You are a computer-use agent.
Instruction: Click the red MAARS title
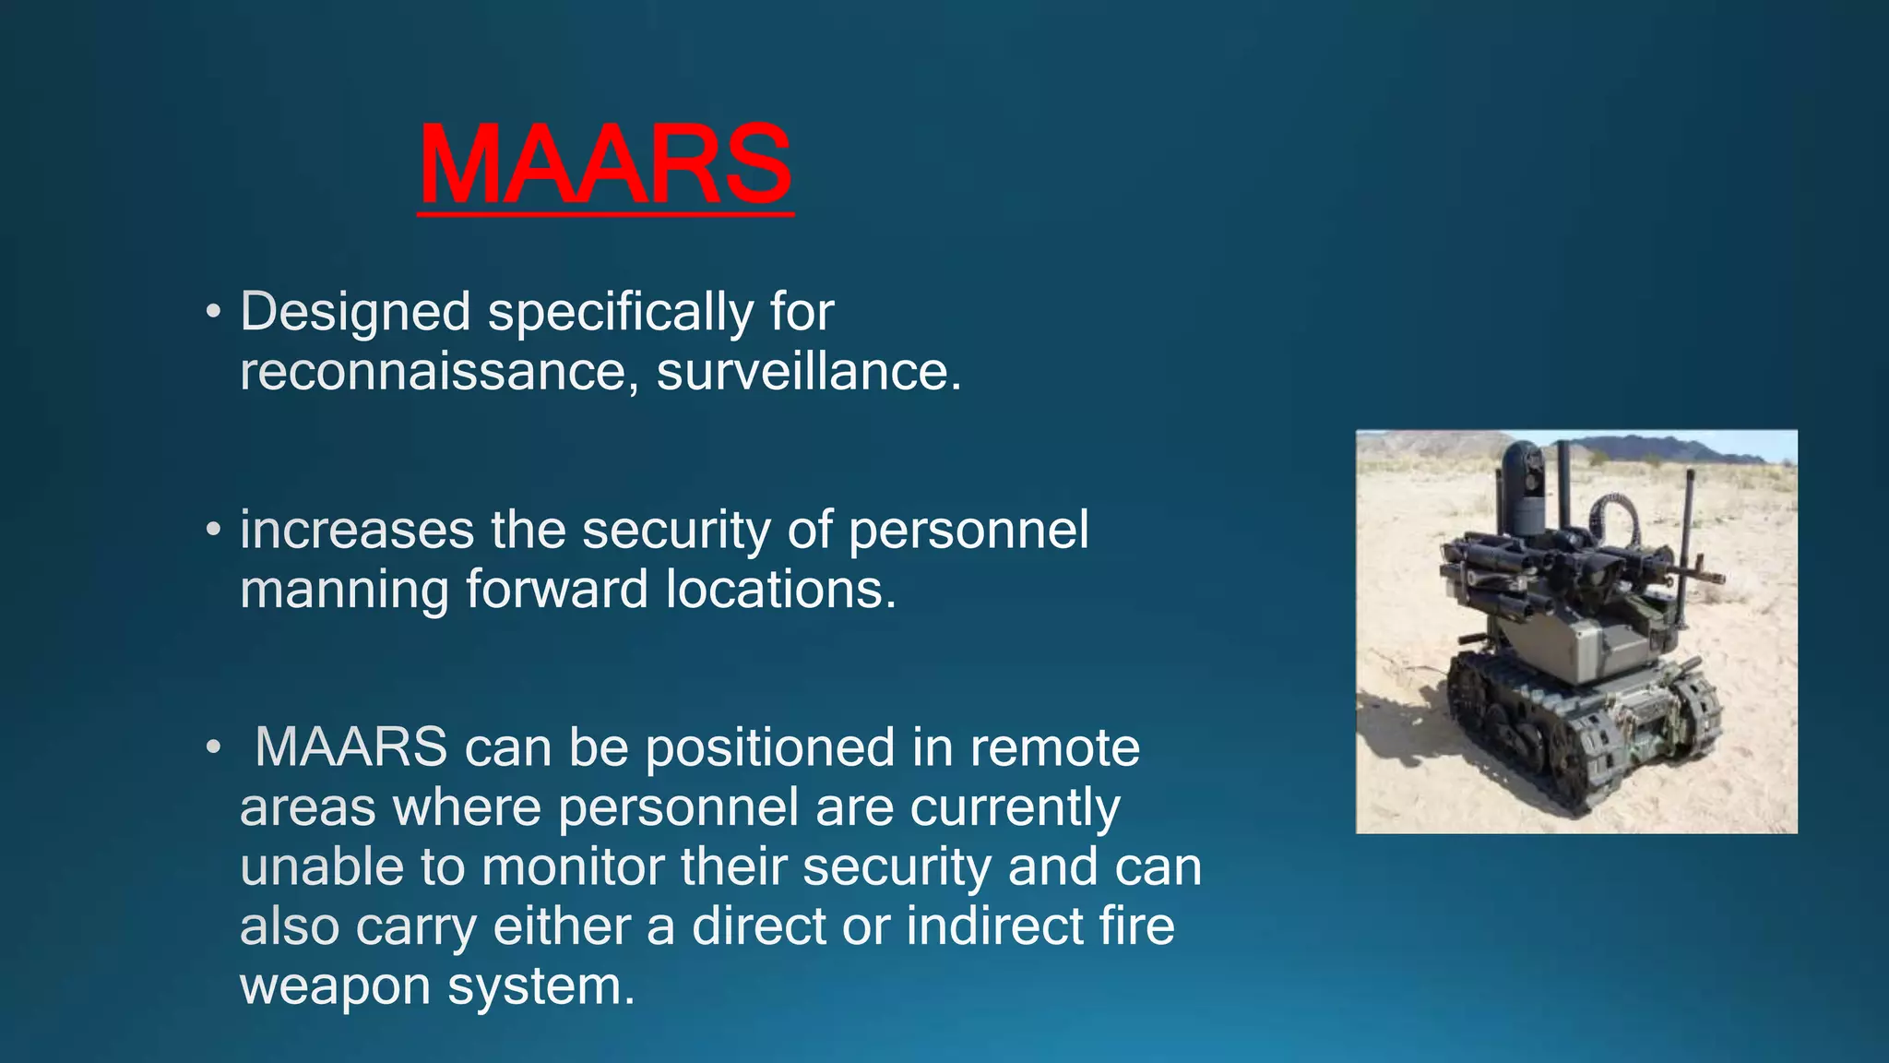(605, 166)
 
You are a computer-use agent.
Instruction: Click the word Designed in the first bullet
(355, 312)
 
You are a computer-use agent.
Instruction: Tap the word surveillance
(802, 373)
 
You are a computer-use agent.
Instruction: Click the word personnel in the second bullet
(968, 531)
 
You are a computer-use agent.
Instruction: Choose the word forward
(556, 590)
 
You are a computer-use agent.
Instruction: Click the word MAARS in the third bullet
(350, 747)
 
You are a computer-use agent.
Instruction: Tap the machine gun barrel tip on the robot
(1717, 579)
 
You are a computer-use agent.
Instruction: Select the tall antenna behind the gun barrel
(1690, 526)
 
